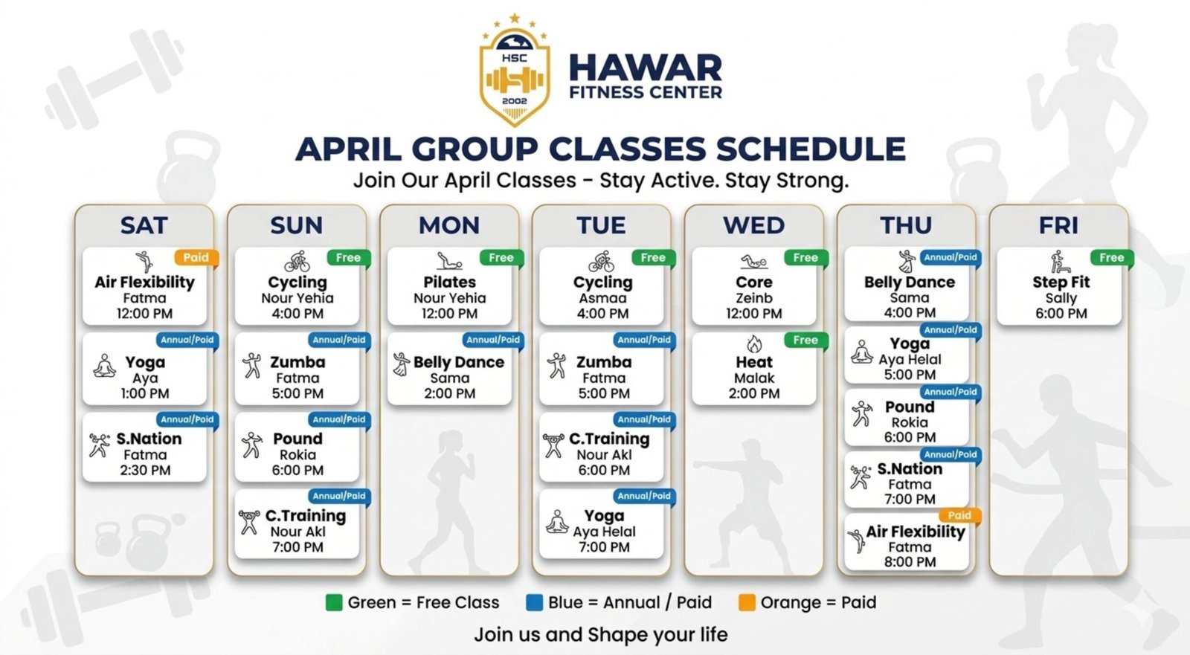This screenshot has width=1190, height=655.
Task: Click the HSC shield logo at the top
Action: point(514,71)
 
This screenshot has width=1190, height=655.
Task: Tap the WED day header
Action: point(753,225)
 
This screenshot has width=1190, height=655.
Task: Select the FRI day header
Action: point(1058,225)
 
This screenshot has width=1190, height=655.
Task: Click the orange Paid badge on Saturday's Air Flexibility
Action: point(196,258)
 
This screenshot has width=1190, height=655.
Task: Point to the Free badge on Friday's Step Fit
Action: point(1111,258)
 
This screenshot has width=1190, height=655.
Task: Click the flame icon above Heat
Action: point(754,343)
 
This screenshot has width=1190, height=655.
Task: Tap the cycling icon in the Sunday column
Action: point(297,262)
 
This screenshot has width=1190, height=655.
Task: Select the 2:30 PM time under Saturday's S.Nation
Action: point(145,470)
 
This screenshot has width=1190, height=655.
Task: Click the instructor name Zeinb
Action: point(754,298)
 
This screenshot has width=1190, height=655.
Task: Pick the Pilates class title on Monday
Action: point(449,282)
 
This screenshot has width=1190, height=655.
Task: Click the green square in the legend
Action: point(334,602)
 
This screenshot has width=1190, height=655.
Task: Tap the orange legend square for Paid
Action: point(747,602)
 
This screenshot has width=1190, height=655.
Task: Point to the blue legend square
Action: point(534,602)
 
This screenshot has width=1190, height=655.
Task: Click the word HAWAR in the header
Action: point(646,68)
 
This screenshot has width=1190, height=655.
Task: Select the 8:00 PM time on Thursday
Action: point(910,561)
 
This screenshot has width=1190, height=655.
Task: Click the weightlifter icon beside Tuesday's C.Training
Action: point(553,445)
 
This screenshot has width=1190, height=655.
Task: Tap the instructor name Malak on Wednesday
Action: point(754,378)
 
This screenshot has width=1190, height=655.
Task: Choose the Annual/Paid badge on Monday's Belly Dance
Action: point(492,340)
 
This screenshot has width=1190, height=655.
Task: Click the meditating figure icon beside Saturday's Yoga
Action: point(105,366)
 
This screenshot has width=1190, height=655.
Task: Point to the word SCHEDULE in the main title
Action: point(810,149)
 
